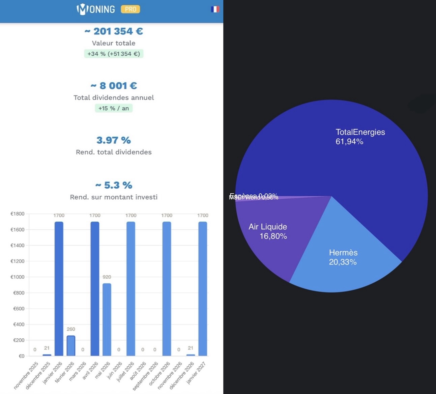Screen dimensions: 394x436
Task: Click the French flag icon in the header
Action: pos(215,9)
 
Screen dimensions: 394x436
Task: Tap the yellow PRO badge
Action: pos(130,9)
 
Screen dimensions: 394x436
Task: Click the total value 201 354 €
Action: pos(114,31)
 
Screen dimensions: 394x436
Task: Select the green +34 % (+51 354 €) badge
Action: pos(114,54)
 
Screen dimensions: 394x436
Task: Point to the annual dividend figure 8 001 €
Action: pos(114,86)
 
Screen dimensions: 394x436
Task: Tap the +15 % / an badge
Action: pos(114,108)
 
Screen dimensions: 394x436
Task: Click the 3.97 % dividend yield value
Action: pos(114,140)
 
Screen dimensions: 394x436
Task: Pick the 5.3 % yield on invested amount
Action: pos(114,185)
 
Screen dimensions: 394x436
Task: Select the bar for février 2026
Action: pos(71,346)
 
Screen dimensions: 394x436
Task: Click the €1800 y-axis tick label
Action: pos(17,214)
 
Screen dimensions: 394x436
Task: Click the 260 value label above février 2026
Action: pos(71,329)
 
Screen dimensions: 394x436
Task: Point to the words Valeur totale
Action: pos(114,43)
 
